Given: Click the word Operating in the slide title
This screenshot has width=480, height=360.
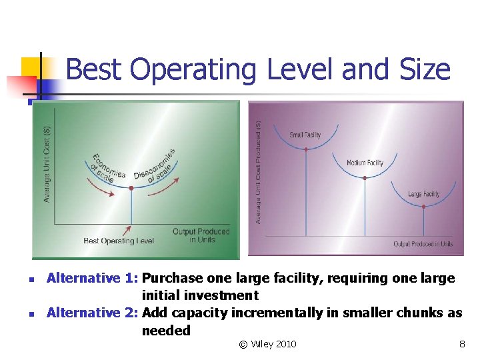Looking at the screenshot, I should pos(194,70).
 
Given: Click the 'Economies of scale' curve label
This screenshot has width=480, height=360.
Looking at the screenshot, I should pos(109,168).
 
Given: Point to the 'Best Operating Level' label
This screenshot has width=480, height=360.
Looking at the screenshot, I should pos(119,241).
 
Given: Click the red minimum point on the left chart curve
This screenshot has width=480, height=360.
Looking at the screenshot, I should pos(131,189).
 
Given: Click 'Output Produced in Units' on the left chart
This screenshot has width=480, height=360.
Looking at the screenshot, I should pos(201,236).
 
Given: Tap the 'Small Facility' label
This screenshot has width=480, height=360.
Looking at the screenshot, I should pos(305,135).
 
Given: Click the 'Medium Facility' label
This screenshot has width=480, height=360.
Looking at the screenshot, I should pos(365,163).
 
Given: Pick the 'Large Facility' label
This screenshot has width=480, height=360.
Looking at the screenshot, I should pos(423,194).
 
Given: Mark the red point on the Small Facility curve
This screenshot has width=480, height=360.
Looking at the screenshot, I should pos(306,149).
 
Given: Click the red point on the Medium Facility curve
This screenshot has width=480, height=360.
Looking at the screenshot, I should pos(365,177).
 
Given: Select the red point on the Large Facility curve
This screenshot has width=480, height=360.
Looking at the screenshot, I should pos(424,207).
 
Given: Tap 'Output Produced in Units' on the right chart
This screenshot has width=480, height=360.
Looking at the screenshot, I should pos(423,244).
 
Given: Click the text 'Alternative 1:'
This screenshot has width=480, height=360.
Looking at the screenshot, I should pos(93,279).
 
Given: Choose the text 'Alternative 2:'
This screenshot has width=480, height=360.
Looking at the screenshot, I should pos(93,313).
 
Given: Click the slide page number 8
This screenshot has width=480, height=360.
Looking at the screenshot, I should pos(461,344).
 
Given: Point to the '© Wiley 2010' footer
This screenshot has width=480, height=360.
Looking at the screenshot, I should pos(267,344).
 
